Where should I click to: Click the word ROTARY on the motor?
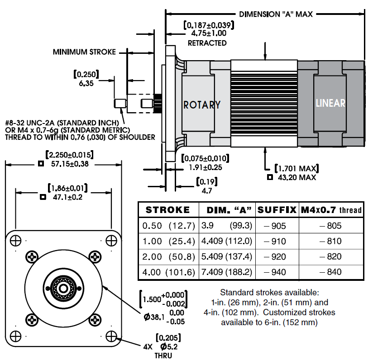coord(202,104)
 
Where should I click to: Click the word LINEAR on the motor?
coord(330,103)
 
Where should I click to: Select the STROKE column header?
coord(167,210)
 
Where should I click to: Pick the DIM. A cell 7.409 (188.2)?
coord(230,272)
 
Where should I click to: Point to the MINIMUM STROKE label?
coord(84,52)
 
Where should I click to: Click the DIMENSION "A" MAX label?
coord(276,14)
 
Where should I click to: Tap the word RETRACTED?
coord(207,43)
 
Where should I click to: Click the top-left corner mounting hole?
coord(15,240)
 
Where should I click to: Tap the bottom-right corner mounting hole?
coord(111,336)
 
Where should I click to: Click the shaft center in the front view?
coord(64,288)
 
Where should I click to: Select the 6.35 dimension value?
coord(86,84)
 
